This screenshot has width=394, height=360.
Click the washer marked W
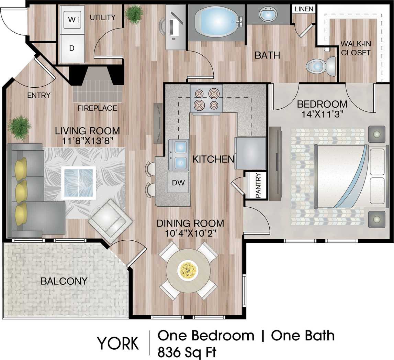coord(72,20)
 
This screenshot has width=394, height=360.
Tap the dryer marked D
coord(72,48)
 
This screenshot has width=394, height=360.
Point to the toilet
coord(320,66)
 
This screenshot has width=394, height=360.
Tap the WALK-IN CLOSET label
coord(356,48)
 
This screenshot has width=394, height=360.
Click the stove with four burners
coord(206,99)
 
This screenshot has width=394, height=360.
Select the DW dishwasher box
coord(179,183)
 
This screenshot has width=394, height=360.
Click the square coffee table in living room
coord(78,183)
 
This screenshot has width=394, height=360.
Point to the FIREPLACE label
coord(97,108)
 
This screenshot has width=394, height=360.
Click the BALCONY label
coord(64,281)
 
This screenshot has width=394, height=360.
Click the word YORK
coord(118,343)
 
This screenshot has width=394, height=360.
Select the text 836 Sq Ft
coord(187,352)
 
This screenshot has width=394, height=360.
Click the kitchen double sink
coord(179,155)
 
